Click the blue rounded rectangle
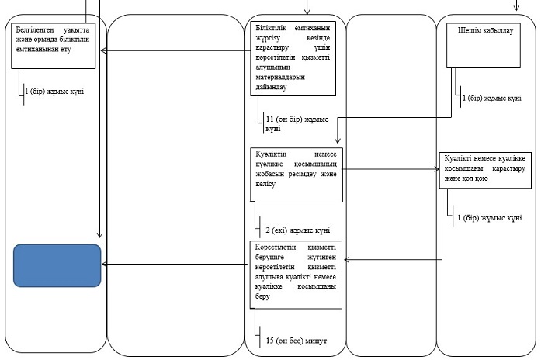point(57,265)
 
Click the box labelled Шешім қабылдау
point(484,46)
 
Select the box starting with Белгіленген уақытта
point(53,46)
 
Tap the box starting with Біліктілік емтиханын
point(293,59)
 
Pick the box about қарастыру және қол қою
point(485,171)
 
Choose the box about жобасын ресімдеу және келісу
point(297,175)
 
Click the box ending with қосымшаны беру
point(296,275)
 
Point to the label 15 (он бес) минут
point(297,341)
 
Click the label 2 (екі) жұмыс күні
point(298,230)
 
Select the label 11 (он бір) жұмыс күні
point(297,124)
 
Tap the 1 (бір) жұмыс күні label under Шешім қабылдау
point(491,99)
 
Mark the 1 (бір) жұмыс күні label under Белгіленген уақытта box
point(54,92)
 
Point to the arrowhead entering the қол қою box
point(437,169)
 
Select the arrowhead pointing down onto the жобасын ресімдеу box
point(338,140)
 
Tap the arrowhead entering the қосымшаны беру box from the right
point(347,260)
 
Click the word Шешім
point(468,30)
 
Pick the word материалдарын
point(280,77)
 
